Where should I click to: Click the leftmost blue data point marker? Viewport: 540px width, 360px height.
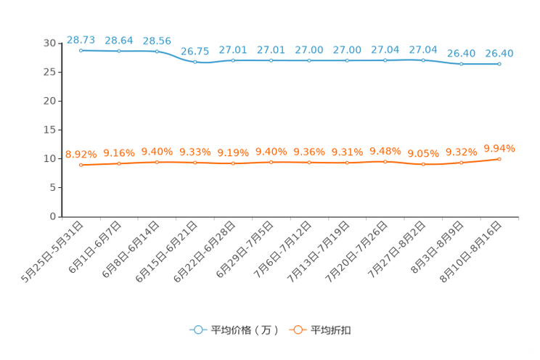(81, 51)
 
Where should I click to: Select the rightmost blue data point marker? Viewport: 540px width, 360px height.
(499, 64)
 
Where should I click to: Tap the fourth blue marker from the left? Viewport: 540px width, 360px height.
(195, 62)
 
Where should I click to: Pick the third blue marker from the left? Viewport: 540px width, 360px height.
(157, 51)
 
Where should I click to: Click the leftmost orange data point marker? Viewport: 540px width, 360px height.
(81, 165)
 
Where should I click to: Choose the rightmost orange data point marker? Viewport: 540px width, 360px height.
(499, 158)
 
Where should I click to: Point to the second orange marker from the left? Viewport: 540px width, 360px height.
(118, 163)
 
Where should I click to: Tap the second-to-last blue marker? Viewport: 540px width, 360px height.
(461, 64)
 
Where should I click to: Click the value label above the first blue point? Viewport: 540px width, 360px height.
(81, 39)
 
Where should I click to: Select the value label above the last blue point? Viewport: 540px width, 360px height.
(499, 52)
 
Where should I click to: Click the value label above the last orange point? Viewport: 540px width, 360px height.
(499, 148)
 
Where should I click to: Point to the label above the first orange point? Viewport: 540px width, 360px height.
(81, 154)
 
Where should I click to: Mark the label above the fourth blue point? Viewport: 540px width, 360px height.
(195, 52)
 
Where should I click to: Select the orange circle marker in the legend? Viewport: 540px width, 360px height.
(297, 330)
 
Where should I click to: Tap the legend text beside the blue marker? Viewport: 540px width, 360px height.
(244, 330)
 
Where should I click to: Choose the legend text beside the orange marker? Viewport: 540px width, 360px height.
(332, 330)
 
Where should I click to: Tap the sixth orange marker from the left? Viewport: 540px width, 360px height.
(271, 162)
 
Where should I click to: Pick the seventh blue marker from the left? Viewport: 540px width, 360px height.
(309, 60)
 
